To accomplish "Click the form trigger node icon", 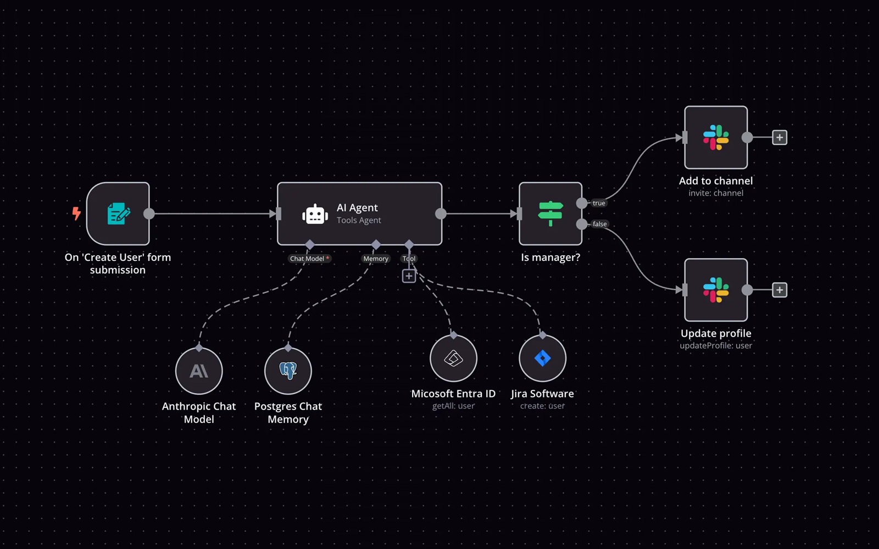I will (x=118, y=214).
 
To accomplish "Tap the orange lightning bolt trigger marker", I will (x=76, y=213).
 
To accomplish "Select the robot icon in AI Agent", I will (x=315, y=214).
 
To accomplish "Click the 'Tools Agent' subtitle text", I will (x=359, y=220).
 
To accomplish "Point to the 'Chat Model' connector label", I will (x=307, y=259).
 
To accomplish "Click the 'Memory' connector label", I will (x=376, y=259).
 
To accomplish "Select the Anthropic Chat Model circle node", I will (x=199, y=371).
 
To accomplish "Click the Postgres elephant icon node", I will (x=288, y=371).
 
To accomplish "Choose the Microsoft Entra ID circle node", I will (x=453, y=358).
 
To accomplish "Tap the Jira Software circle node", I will (x=542, y=358).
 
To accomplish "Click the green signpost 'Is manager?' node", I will (x=550, y=214).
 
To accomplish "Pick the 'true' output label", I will (x=599, y=203).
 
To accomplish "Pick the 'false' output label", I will (x=600, y=224).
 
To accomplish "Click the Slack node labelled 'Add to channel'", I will (x=716, y=137).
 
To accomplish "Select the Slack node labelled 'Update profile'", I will (x=716, y=290).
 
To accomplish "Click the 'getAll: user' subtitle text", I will (x=453, y=406).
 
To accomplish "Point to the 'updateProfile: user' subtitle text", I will (x=716, y=346).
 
